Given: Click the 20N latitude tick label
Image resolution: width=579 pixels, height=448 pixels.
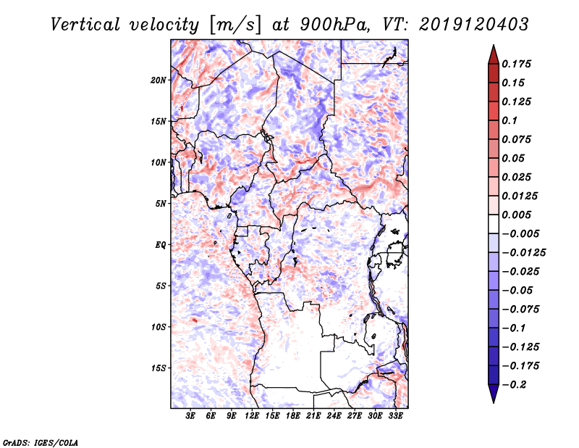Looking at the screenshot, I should [x=159, y=80].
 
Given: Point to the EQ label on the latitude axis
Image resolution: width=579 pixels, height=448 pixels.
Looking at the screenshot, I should [x=160, y=245].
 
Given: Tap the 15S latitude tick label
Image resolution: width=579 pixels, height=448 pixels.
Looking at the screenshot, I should [x=159, y=368].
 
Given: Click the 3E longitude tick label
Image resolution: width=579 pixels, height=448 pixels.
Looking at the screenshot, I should [x=191, y=417].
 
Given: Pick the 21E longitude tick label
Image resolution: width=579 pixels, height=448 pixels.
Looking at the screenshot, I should [x=314, y=417].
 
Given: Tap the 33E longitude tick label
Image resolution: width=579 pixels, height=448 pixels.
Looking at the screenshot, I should [x=396, y=417].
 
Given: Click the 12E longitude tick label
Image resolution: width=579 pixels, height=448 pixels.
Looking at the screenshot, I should [x=253, y=417].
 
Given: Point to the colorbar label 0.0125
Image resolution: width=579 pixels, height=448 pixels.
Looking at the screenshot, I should [x=520, y=196].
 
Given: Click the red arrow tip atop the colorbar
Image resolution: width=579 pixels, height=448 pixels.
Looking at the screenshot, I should [x=493, y=51].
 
